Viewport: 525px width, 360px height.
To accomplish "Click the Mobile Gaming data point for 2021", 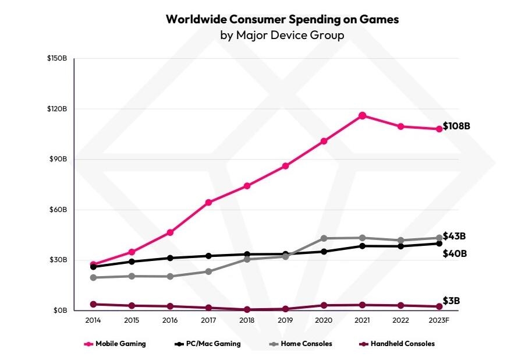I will tap(362, 115).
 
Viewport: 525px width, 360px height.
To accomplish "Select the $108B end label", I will tap(456, 126).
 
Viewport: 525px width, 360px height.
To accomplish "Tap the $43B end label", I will tap(454, 236).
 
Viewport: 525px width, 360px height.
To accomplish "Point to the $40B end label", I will tap(454, 253).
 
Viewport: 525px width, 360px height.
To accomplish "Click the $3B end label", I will tap(451, 301).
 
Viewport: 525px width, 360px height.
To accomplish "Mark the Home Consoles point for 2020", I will tap(324, 238).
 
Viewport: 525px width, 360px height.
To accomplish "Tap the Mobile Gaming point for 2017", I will tap(208, 202).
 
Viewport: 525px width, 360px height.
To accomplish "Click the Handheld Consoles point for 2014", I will tap(94, 304).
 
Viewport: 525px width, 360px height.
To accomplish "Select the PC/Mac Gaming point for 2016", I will tap(170, 258).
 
